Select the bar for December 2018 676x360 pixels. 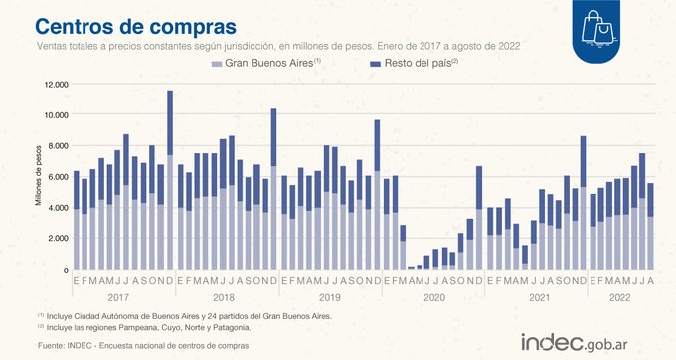tap(273, 189)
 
